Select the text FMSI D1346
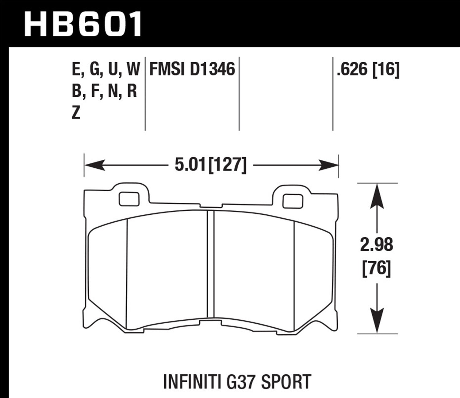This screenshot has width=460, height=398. tap(192, 69)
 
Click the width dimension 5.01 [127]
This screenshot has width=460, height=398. tap(210, 165)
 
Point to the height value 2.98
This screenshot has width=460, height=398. tap(376, 245)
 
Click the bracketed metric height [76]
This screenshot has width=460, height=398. tap(376, 269)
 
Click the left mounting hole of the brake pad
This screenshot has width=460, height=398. tap(128, 199)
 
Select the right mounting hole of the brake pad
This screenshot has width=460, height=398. tap(293, 201)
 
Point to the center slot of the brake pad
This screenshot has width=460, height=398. tap(210, 264)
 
